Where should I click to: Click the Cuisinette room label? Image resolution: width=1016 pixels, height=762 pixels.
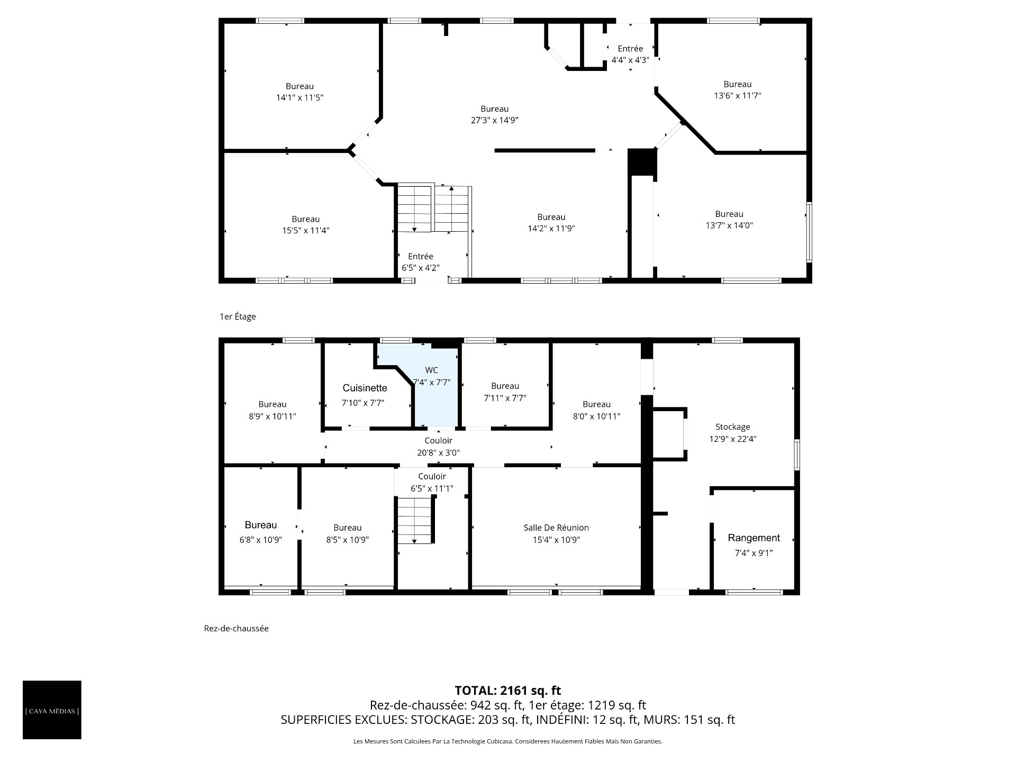[365, 388]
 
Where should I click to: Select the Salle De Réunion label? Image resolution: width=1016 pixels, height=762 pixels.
[556, 528]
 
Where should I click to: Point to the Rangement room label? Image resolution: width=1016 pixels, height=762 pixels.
[754, 538]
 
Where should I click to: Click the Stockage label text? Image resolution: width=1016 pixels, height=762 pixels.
[733, 427]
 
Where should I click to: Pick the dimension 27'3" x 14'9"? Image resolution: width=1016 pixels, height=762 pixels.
[495, 120]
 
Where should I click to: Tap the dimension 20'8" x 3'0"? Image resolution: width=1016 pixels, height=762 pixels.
[439, 453]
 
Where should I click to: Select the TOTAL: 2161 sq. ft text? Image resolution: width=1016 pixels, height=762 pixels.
[508, 691]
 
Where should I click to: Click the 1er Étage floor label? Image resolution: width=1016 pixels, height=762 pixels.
[238, 316]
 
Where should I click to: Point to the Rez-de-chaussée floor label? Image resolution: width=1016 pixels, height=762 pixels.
[237, 629]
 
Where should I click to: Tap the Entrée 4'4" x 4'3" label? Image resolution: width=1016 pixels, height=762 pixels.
[630, 55]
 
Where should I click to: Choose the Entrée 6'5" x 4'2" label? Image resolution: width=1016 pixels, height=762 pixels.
[421, 262]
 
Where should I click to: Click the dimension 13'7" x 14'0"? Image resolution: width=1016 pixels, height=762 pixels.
[729, 225]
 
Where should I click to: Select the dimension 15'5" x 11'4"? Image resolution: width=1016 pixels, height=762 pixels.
[306, 231]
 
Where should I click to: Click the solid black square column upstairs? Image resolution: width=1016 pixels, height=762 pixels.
[642, 162]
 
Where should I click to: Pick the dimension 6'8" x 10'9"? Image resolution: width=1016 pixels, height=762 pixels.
[261, 540]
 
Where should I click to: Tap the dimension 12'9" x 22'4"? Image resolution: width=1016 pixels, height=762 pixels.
[733, 439]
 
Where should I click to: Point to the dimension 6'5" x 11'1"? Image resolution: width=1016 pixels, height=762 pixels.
[432, 488]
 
